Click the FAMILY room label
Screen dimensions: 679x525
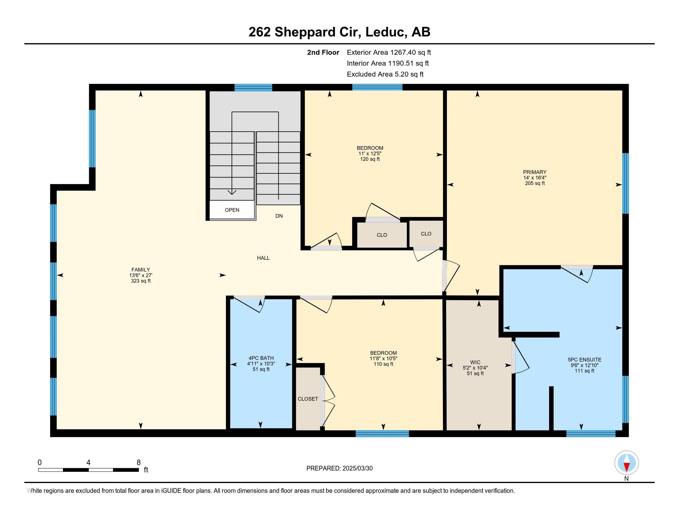click(140, 270)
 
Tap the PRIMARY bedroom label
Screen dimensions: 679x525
click(535, 172)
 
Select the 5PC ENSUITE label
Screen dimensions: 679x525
click(585, 359)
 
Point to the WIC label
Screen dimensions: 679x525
click(475, 362)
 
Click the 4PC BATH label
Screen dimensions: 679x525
click(261, 358)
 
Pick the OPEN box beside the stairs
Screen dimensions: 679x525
click(232, 210)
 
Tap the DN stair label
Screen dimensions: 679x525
click(279, 216)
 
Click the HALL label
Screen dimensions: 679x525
click(263, 258)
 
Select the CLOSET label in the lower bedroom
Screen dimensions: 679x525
click(308, 399)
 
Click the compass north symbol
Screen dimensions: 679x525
click(627, 463)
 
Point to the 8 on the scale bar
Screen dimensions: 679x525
click(139, 462)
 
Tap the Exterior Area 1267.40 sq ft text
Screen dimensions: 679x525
click(389, 52)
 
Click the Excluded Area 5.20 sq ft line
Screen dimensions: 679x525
click(385, 74)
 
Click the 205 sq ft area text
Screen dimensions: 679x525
click(535, 183)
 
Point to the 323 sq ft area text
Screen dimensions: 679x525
click(141, 281)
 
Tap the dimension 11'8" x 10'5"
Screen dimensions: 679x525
click(383, 358)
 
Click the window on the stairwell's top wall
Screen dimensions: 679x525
click(253, 87)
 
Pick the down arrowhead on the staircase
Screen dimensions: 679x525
click(232, 192)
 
